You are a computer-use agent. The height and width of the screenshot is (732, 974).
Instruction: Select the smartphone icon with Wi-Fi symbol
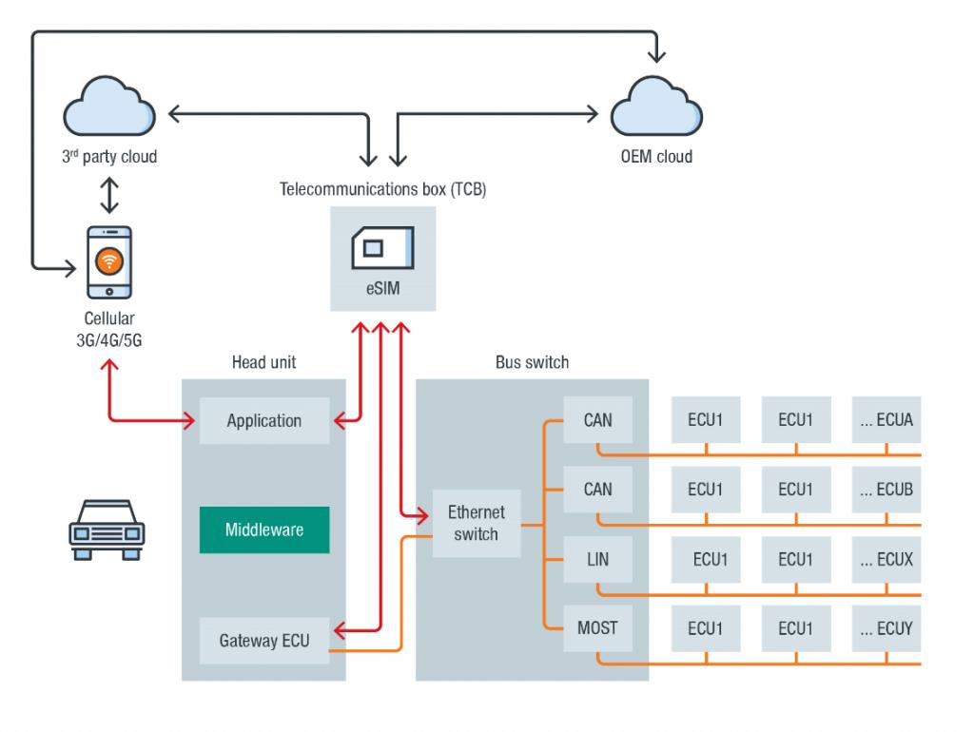[x=109, y=261]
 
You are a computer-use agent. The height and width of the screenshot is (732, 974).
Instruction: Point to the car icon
[x=106, y=529]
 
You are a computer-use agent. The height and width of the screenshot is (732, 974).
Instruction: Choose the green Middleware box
[x=264, y=530]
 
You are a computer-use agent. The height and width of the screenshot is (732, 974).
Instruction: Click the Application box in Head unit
[x=264, y=421]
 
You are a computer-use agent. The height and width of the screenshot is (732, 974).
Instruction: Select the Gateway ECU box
[x=264, y=641]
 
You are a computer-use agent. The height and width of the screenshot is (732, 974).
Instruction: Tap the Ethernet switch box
[x=476, y=523]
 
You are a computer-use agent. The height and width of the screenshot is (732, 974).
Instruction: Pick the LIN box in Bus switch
[x=597, y=560]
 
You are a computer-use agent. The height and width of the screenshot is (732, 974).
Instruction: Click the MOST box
[x=597, y=628]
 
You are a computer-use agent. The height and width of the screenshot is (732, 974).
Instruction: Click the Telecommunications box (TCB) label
[x=383, y=188]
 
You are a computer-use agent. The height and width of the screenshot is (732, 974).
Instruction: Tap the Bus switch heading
[x=532, y=362]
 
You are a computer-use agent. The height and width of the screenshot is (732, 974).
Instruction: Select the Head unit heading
[x=263, y=362]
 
